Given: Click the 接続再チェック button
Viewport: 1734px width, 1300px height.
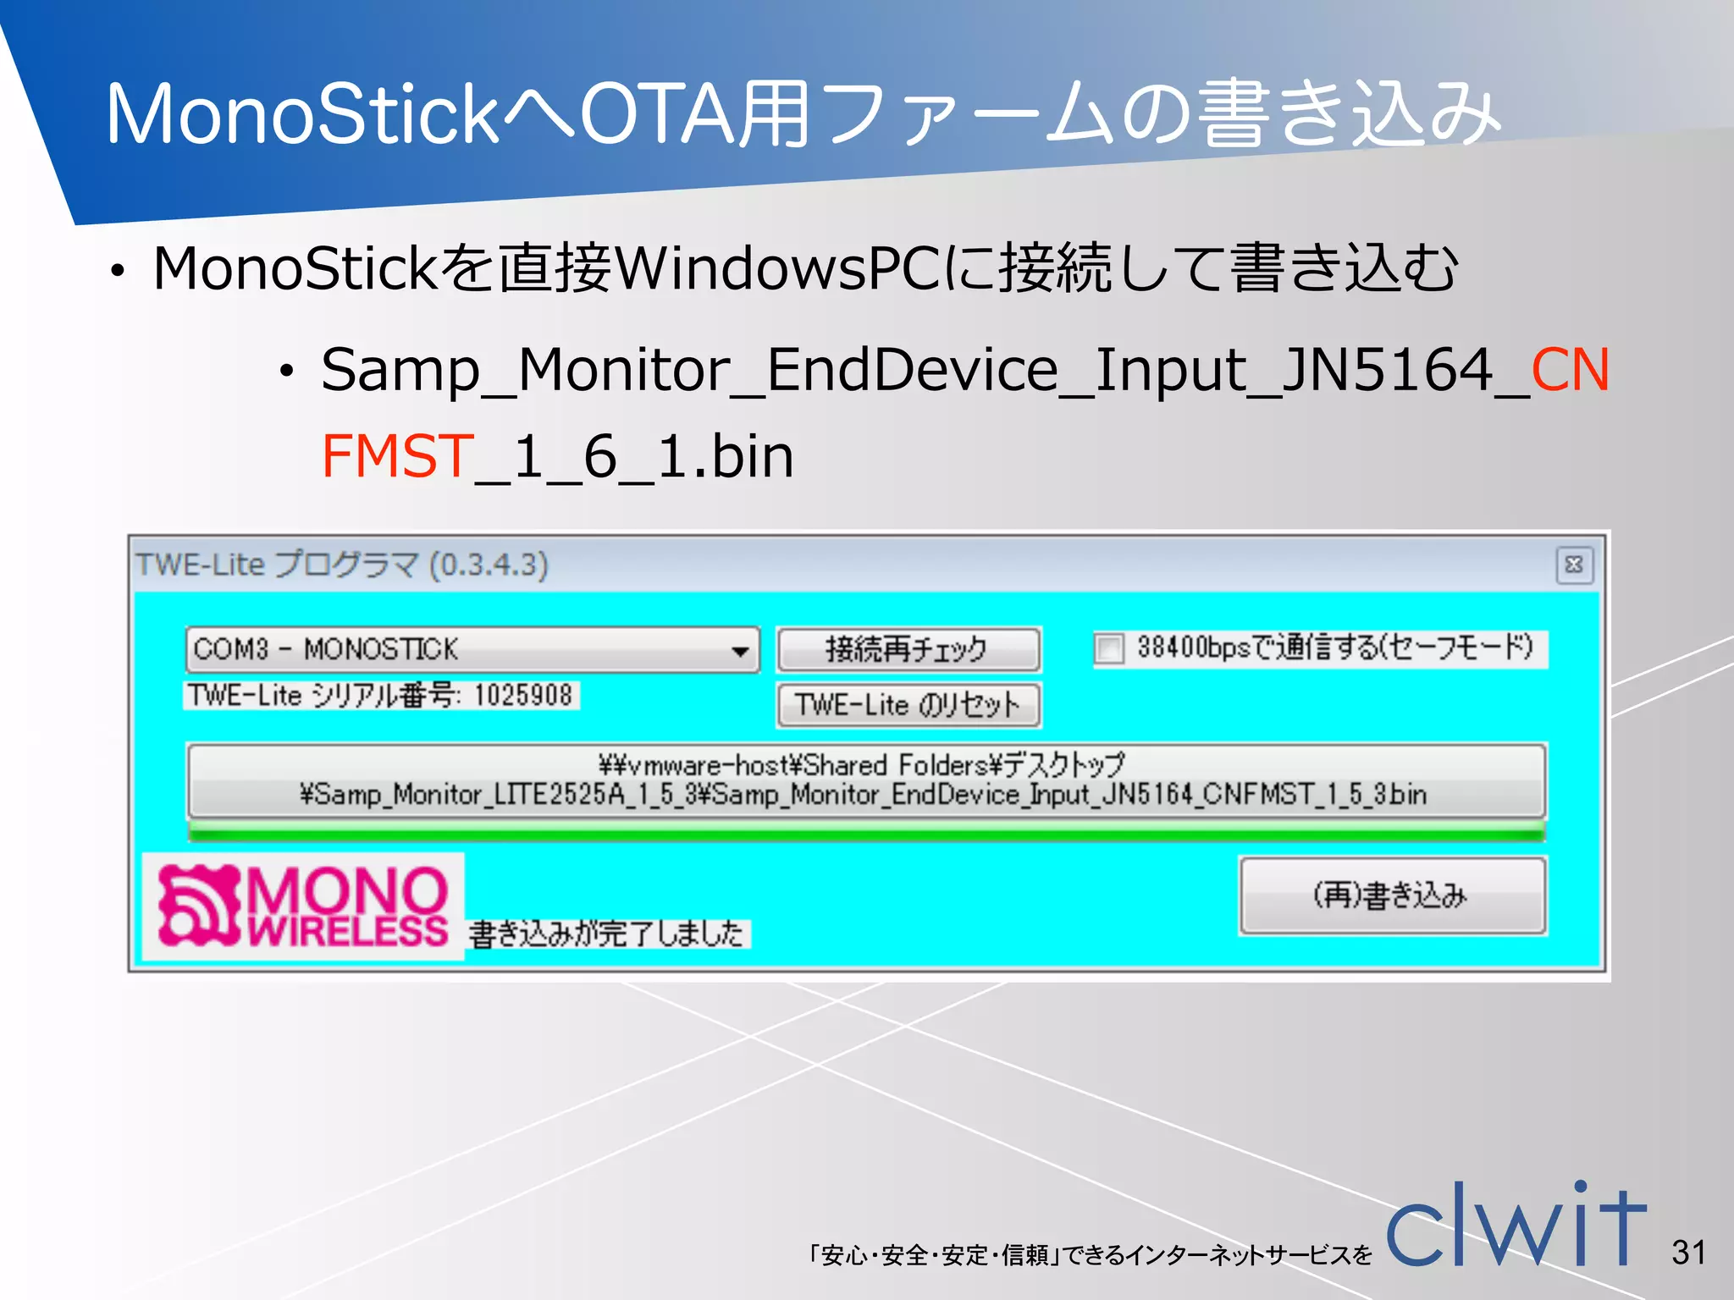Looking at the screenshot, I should pyautogui.click(x=908, y=649).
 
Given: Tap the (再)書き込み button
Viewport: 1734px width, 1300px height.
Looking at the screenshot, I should pyautogui.click(x=1392, y=895).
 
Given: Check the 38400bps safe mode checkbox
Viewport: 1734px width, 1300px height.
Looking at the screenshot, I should pyautogui.click(x=1108, y=649).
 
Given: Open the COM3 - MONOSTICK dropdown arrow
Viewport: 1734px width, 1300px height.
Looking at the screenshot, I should pyautogui.click(x=740, y=651).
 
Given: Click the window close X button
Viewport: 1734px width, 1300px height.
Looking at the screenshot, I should pyautogui.click(x=1574, y=565).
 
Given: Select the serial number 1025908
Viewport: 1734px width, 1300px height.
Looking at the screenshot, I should pyautogui.click(x=523, y=696).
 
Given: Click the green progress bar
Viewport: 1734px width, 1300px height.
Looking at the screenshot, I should pyautogui.click(x=865, y=834).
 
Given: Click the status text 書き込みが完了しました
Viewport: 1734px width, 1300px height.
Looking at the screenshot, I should pyautogui.click(x=606, y=934).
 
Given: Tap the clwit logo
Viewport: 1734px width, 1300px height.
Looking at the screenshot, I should pyautogui.click(x=1516, y=1226).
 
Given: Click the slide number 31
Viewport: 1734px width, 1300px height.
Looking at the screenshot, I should pyautogui.click(x=1688, y=1252).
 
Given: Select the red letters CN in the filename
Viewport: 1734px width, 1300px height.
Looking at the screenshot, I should pyautogui.click(x=1570, y=370).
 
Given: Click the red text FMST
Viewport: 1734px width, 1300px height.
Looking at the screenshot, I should pyautogui.click(x=397, y=456).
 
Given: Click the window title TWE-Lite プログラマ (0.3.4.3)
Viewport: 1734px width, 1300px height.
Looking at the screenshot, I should pyautogui.click(x=343, y=565).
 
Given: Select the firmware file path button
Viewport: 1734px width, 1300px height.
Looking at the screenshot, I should pyautogui.click(x=865, y=779).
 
